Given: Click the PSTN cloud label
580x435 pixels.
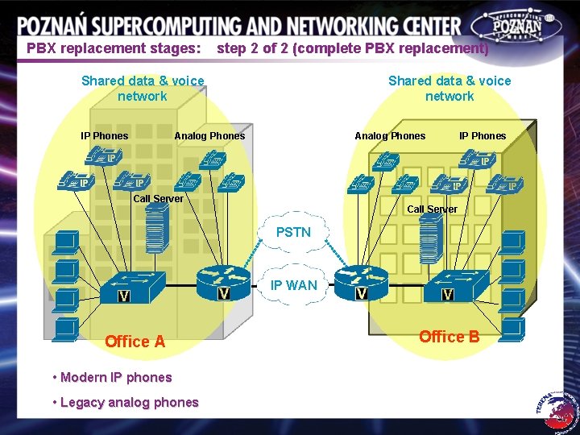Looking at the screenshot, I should [293, 232].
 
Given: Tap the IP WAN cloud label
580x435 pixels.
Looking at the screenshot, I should [293, 284].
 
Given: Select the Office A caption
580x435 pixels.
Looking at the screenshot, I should [135, 342].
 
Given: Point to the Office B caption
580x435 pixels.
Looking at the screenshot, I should [449, 337].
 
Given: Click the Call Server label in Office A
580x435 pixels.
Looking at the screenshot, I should [158, 198].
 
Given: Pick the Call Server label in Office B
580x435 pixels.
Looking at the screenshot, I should [432, 209].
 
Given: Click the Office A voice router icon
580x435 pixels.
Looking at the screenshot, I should [223, 281].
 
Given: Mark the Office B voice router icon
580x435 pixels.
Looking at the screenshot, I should [360, 282].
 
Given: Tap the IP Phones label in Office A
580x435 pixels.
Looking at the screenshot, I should [104, 135].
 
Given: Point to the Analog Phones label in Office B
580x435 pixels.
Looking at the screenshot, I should [390, 135].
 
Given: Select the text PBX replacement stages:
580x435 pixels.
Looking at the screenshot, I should [114, 48].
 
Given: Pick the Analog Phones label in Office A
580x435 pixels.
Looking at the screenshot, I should [209, 135].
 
